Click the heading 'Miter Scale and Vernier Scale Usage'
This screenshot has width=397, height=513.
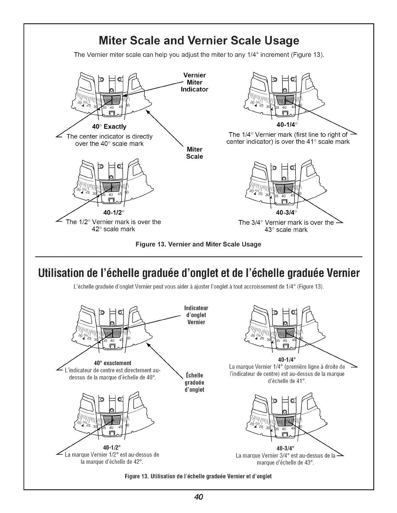pos(198,41)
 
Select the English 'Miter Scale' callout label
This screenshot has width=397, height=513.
pos(195,153)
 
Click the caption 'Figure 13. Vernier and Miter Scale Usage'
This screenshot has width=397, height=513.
pos(198,244)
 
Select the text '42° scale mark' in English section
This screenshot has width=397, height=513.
pos(113,229)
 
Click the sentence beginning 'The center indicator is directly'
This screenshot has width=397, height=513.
pos(109,136)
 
